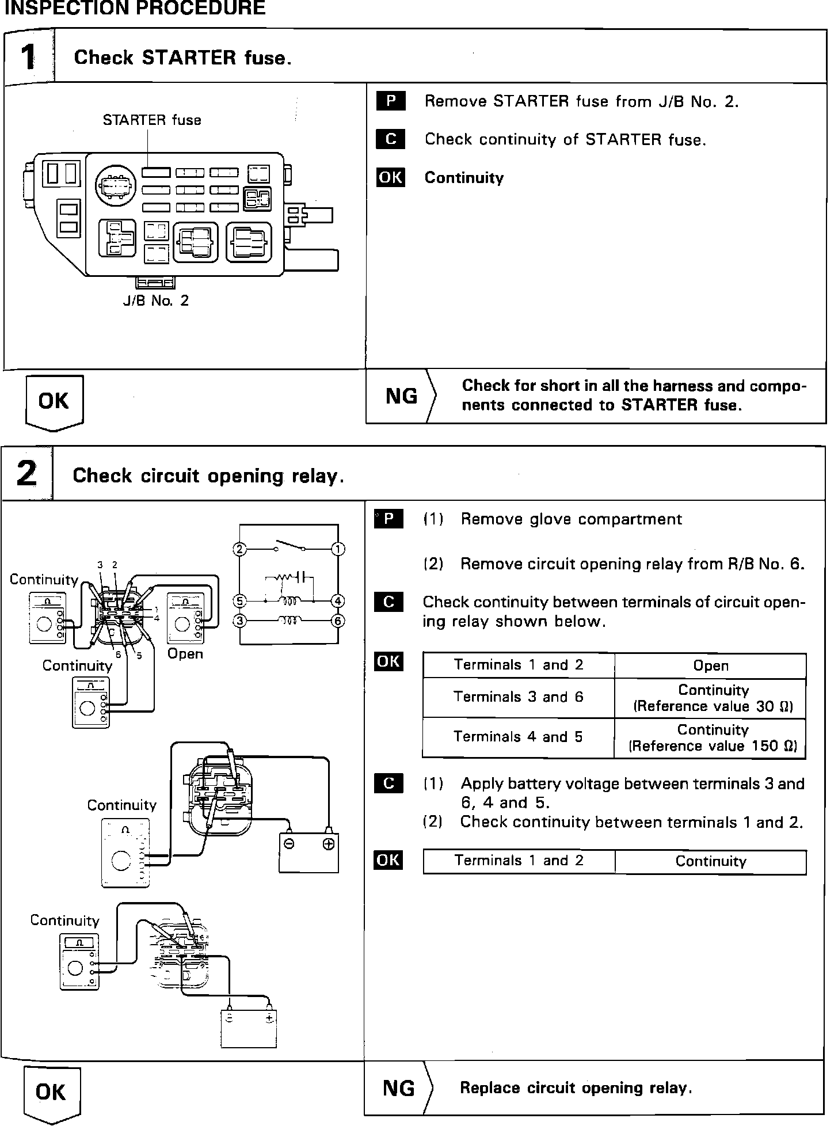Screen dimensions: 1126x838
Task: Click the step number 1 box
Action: pyautogui.click(x=28, y=58)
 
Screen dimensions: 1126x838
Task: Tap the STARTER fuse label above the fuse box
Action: pyautogui.click(x=152, y=120)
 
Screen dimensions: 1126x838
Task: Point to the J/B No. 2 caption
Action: pyautogui.click(x=155, y=300)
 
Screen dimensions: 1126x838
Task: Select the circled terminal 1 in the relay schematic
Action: pyautogui.click(x=338, y=549)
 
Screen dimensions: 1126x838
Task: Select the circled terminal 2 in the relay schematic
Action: pyautogui.click(x=240, y=549)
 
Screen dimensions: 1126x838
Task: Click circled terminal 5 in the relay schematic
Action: pyautogui.click(x=240, y=602)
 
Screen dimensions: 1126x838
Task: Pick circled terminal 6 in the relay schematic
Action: pyautogui.click(x=338, y=621)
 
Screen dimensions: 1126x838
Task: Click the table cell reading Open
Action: pyautogui.click(x=710, y=666)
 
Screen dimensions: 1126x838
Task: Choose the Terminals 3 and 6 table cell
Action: pyautogui.click(x=518, y=697)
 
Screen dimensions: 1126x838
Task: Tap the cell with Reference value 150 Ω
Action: pyautogui.click(x=713, y=738)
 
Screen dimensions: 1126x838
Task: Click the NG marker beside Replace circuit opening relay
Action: pyautogui.click(x=398, y=1089)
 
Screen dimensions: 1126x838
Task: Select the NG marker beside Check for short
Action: pyautogui.click(x=401, y=396)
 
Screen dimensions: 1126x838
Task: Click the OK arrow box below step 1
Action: pyautogui.click(x=54, y=401)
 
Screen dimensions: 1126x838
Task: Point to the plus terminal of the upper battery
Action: pyautogui.click(x=328, y=844)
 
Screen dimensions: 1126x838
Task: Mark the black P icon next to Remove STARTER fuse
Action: pyautogui.click(x=391, y=101)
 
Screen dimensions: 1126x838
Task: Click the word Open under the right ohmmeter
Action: pyautogui.click(x=185, y=654)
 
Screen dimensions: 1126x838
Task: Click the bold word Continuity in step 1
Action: pyautogui.click(x=464, y=178)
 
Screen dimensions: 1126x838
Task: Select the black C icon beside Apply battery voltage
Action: pyautogui.click(x=388, y=783)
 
